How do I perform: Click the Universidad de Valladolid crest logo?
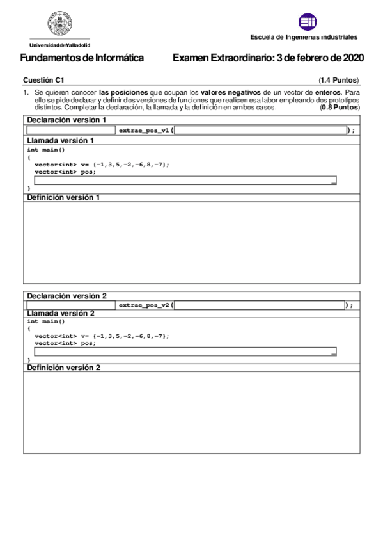point(59,25)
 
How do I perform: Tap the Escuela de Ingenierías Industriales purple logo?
point(308,22)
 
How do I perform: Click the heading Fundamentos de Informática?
point(82,58)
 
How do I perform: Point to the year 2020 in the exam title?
point(352,58)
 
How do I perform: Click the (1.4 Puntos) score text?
point(339,80)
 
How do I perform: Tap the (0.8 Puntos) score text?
point(340,108)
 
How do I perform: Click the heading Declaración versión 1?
point(66,120)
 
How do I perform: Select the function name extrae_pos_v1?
point(144,130)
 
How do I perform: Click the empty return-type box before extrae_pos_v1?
point(71,130)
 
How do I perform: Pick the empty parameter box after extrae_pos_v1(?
point(260,130)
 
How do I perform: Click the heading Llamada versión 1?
point(61,140)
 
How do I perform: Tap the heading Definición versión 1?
point(63,197)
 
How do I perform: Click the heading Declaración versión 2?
point(66,296)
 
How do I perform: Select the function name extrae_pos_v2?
point(144,305)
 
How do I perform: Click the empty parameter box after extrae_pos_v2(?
point(259,305)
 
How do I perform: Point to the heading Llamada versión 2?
point(61,314)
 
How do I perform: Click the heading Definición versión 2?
point(63,368)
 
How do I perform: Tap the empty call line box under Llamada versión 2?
point(185,352)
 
